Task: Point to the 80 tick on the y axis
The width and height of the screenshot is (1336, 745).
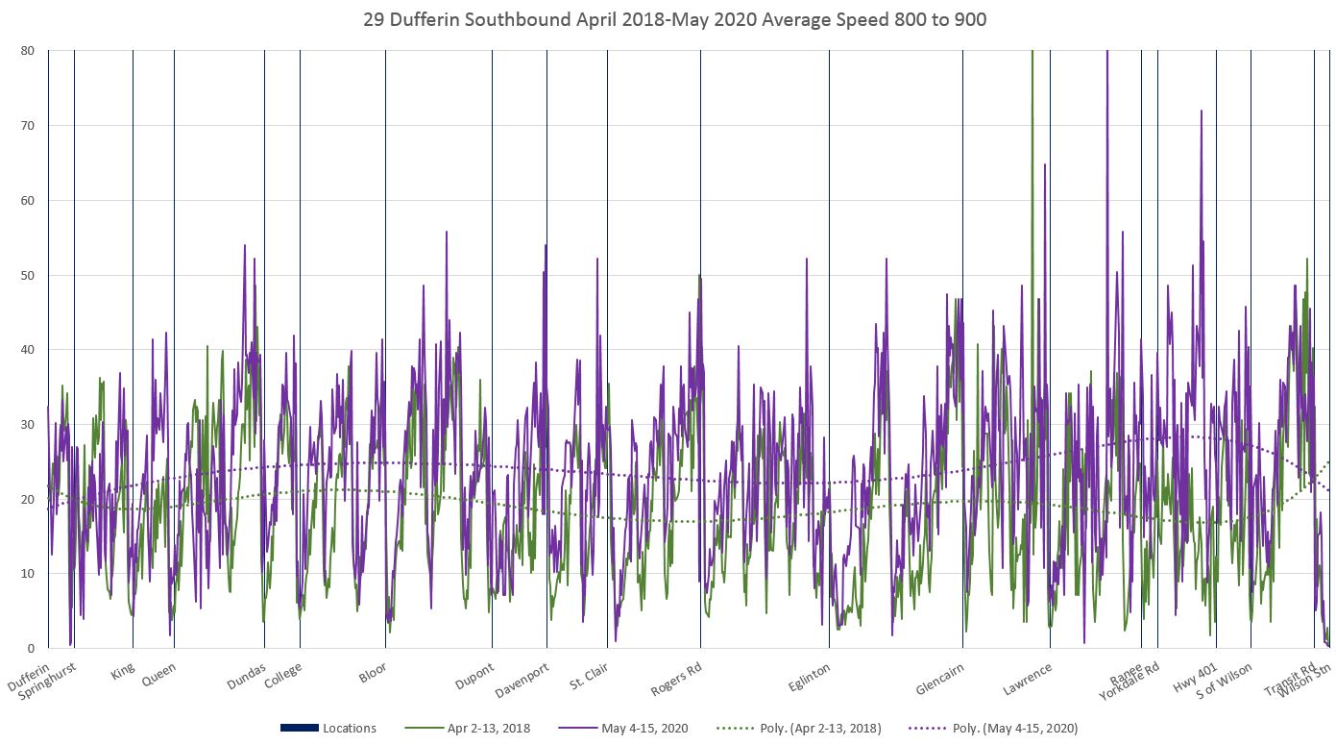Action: tap(28, 51)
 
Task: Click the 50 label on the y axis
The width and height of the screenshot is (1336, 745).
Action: tap(28, 276)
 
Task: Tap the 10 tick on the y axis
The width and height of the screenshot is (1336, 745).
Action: tap(28, 574)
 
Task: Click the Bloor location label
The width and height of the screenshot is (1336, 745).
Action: tap(373, 670)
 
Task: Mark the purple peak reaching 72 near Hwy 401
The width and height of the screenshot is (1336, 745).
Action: tap(1201, 112)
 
